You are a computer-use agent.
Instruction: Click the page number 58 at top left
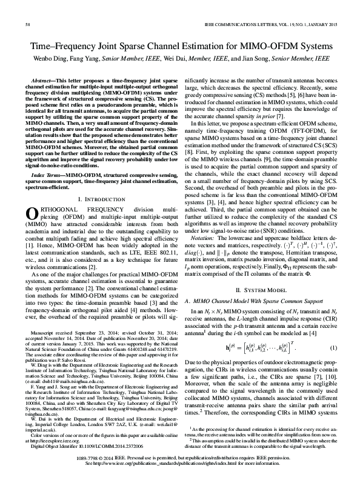pyautogui.click(x=28, y=25)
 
